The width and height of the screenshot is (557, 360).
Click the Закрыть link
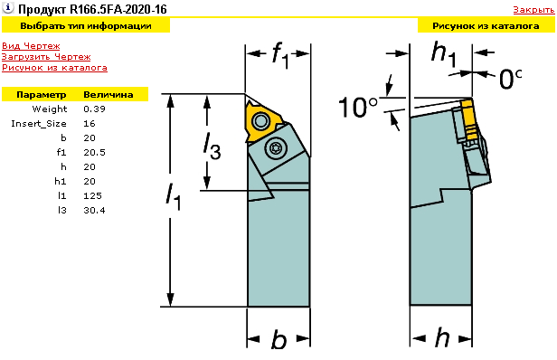(x=533, y=10)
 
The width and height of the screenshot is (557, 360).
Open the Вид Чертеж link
(x=31, y=46)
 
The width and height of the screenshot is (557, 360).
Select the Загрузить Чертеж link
(x=46, y=57)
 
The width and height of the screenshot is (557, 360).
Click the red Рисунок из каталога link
(x=54, y=68)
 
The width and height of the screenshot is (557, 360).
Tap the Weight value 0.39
(x=94, y=109)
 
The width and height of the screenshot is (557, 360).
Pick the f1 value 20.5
(x=94, y=153)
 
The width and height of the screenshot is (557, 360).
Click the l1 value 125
(x=93, y=195)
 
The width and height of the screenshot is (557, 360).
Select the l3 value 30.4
(x=94, y=211)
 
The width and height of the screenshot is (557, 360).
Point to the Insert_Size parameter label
(x=39, y=124)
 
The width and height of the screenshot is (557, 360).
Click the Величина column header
(x=109, y=95)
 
